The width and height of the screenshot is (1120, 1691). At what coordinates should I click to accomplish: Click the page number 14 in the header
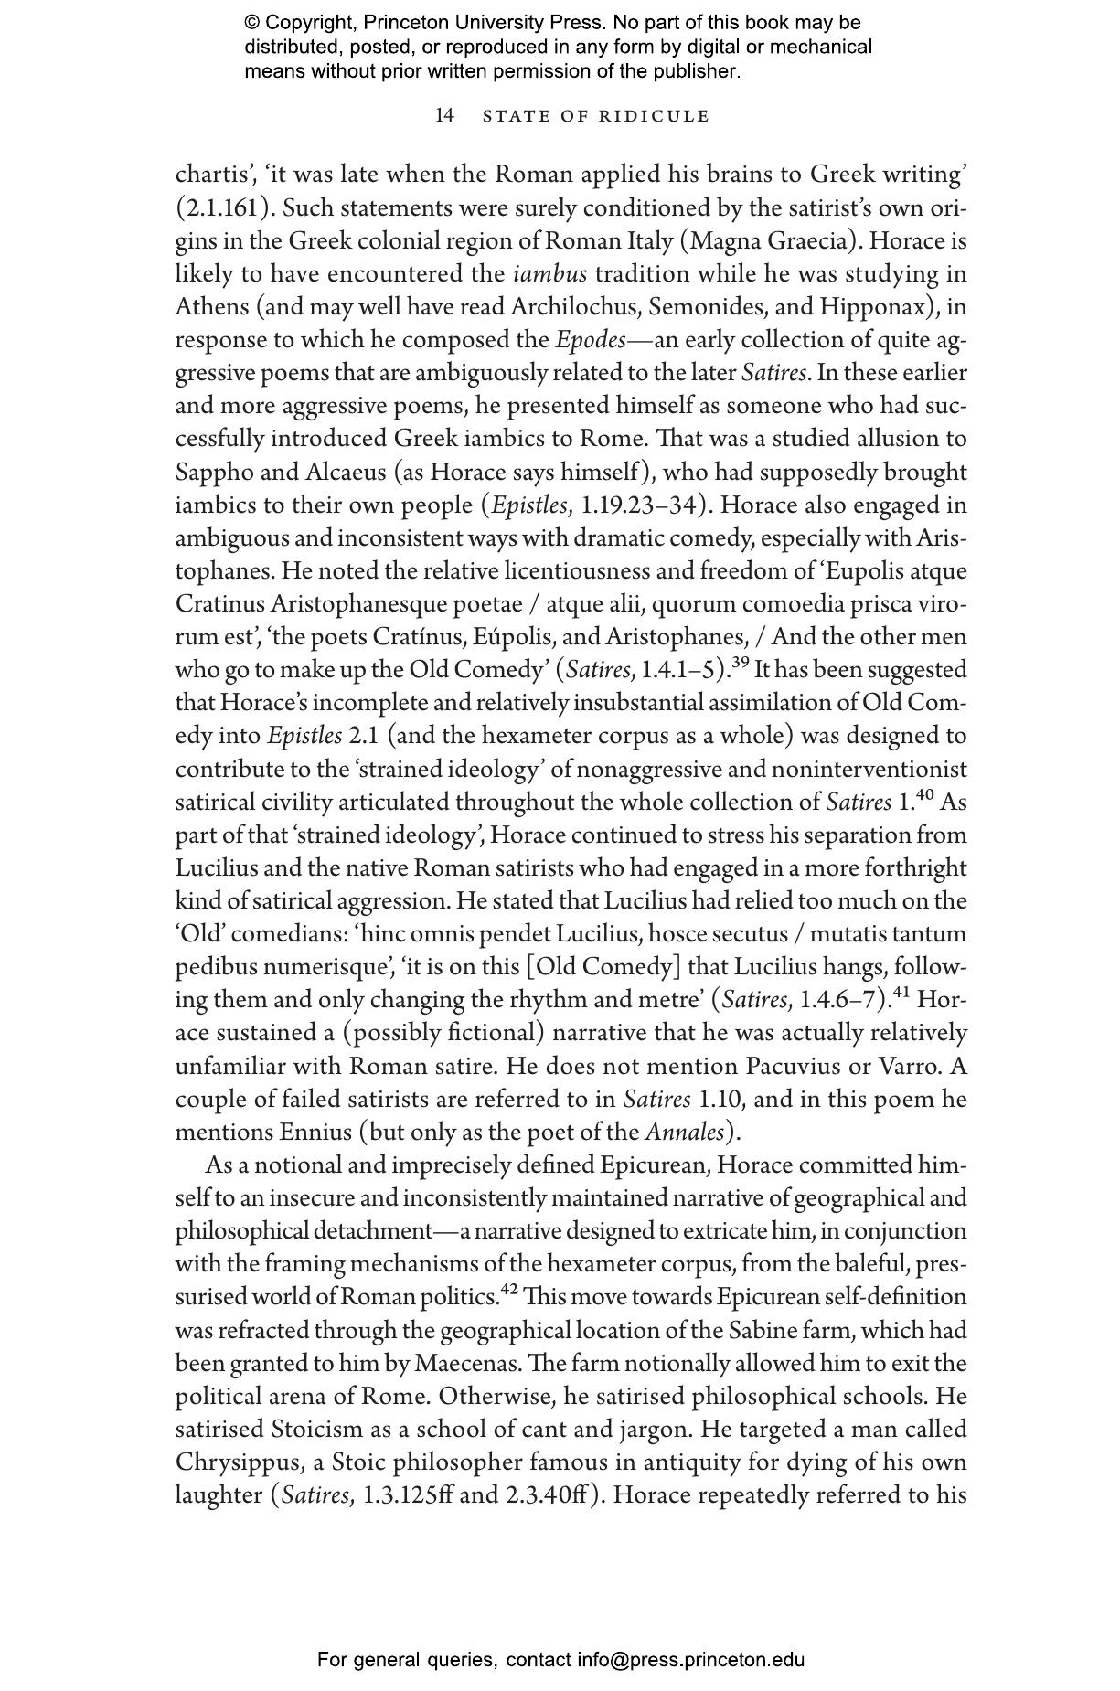tap(444, 115)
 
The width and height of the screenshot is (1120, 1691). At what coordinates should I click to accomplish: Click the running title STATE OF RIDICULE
tap(596, 116)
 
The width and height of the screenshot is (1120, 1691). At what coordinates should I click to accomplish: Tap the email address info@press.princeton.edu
tap(690, 1660)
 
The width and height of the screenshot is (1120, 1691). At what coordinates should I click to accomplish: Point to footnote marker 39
tap(741, 662)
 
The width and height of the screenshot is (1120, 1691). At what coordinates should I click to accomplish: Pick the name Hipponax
tap(879, 306)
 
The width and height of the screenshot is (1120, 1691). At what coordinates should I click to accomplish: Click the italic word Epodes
tap(591, 340)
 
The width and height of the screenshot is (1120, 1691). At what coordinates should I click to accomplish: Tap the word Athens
tap(210, 306)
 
